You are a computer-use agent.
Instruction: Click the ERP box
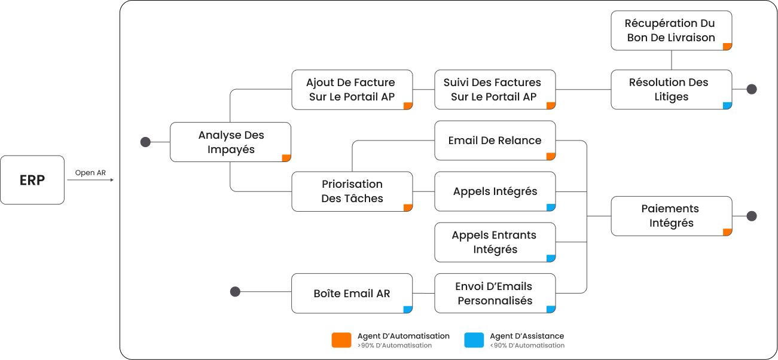tap(32, 180)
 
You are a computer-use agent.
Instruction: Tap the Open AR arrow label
tap(90, 173)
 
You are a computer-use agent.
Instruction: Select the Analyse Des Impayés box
tap(231, 142)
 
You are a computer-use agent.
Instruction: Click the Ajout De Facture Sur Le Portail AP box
tap(352, 90)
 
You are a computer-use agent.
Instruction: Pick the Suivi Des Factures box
tap(495, 90)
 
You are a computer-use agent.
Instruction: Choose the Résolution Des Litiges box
tap(671, 90)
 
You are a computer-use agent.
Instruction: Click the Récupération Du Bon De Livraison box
tap(671, 30)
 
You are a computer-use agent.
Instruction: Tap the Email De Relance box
tap(495, 141)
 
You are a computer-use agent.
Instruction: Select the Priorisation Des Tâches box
tap(352, 191)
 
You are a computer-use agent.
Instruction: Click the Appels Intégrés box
tap(495, 191)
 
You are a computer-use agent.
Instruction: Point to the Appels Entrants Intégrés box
tap(495, 242)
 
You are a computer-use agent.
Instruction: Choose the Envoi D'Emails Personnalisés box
tap(495, 293)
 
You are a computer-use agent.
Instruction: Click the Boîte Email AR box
tap(352, 293)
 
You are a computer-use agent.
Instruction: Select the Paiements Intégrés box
tap(671, 216)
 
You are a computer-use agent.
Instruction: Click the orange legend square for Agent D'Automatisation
tap(341, 340)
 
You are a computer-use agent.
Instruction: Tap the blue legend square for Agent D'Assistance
tap(474, 340)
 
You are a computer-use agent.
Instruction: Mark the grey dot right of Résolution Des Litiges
tap(752, 89)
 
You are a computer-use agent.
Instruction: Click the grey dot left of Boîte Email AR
tap(235, 292)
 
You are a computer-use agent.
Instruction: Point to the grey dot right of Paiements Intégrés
tap(752, 216)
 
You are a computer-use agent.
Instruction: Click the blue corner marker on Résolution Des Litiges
tap(727, 106)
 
